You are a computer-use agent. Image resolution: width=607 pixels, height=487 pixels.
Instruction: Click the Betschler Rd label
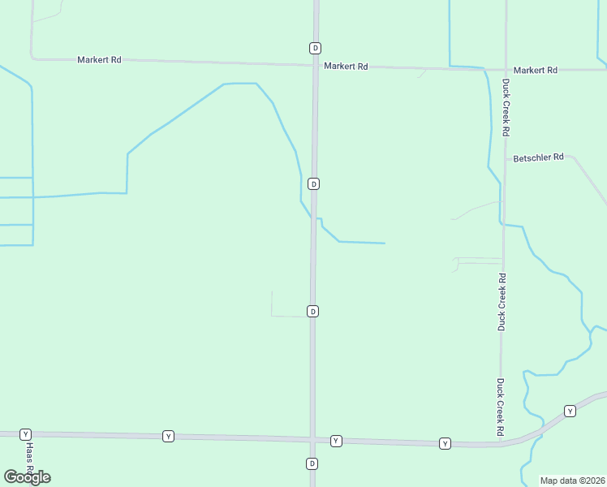pos(538,157)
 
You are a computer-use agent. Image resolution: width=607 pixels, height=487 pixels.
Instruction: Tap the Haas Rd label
pos(29,458)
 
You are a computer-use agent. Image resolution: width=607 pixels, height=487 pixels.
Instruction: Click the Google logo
pos(27,477)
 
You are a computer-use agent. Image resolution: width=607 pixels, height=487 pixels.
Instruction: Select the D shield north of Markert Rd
pos(315,48)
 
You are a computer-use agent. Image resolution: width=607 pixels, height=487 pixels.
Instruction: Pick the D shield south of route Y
pos(312,463)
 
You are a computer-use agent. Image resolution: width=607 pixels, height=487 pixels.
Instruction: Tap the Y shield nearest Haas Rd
pos(25,434)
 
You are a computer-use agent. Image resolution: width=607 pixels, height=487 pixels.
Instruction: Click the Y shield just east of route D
pos(336,441)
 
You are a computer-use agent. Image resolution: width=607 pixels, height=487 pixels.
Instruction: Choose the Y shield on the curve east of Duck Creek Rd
pos(570,411)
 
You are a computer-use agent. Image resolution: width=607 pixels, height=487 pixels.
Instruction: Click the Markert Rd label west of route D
pos(99,60)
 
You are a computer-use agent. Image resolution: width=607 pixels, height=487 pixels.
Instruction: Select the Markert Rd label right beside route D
pos(346,67)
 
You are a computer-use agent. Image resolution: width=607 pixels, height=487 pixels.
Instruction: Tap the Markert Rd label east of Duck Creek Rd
pos(536,71)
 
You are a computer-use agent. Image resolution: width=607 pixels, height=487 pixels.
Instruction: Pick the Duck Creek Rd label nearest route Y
pos(501,405)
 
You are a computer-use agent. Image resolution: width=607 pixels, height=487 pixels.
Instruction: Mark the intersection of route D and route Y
pos(312,439)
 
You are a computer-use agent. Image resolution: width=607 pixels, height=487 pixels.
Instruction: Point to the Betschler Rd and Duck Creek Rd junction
pos(505,157)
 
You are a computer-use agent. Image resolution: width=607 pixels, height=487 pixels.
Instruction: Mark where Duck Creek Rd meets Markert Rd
pos(506,70)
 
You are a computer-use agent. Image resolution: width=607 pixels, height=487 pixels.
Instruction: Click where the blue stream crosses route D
pos(314,218)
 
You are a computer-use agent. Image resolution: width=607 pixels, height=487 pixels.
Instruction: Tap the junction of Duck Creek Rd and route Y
pos(500,444)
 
